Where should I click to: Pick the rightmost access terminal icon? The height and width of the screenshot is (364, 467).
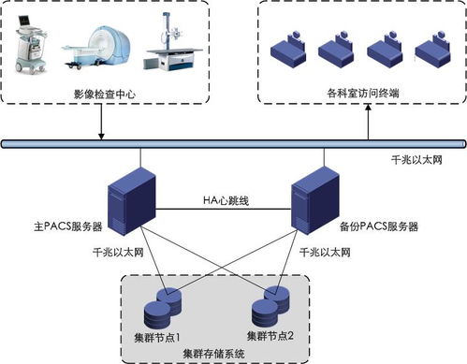click(x=436, y=48)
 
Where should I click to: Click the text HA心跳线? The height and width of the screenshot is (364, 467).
click(x=226, y=200)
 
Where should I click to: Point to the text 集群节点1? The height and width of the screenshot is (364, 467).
click(x=159, y=336)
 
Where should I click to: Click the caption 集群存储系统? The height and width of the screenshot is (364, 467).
click(x=213, y=354)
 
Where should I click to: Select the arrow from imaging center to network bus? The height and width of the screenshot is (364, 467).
click(x=101, y=124)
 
